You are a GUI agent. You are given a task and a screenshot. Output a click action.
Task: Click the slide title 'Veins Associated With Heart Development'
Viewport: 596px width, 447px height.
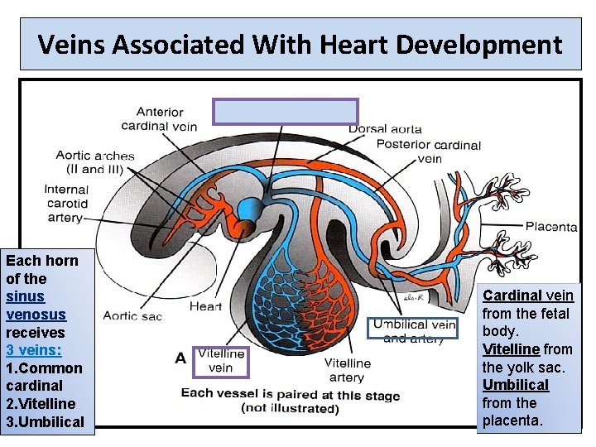pyautogui.click(x=300, y=44)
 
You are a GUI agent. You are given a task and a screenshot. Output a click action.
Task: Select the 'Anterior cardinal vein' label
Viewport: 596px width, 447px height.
pyautogui.click(x=160, y=118)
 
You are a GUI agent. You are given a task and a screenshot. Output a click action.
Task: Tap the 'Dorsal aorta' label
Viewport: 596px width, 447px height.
pyautogui.click(x=385, y=128)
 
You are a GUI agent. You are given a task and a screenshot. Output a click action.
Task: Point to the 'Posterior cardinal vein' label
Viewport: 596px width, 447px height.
pyautogui.click(x=428, y=151)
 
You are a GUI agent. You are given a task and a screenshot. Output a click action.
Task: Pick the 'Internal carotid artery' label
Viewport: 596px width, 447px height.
pyautogui.click(x=66, y=204)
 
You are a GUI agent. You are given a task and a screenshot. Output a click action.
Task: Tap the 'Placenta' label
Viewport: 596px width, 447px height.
pyautogui.click(x=551, y=226)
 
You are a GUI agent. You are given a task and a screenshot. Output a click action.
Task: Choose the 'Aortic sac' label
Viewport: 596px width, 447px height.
pyautogui.click(x=132, y=315)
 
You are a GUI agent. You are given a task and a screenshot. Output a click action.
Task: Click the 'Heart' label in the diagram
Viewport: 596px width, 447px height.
pyautogui.click(x=205, y=306)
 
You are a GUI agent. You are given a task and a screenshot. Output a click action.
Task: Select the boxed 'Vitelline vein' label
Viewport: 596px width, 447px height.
pyautogui.click(x=220, y=361)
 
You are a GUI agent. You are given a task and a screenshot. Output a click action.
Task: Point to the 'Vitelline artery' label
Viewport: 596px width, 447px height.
pyautogui.click(x=347, y=370)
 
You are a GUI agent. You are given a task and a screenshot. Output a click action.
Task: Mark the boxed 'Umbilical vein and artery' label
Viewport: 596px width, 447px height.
pyautogui.click(x=413, y=330)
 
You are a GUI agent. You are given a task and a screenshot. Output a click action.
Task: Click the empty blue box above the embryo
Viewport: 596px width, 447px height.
pyautogui.click(x=286, y=112)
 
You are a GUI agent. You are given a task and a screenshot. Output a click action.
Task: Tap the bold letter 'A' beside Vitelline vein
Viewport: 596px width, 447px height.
pyautogui.click(x=180, y=358)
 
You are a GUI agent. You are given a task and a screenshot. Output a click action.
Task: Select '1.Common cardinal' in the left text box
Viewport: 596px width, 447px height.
pyautogui.click(x=44, y=377)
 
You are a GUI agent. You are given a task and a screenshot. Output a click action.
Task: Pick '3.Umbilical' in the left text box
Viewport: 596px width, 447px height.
pyautogui.click(x=45, y=421)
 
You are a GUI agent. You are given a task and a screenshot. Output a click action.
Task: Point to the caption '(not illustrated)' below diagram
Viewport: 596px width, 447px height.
pyautogui.click(x=290, y=408)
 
